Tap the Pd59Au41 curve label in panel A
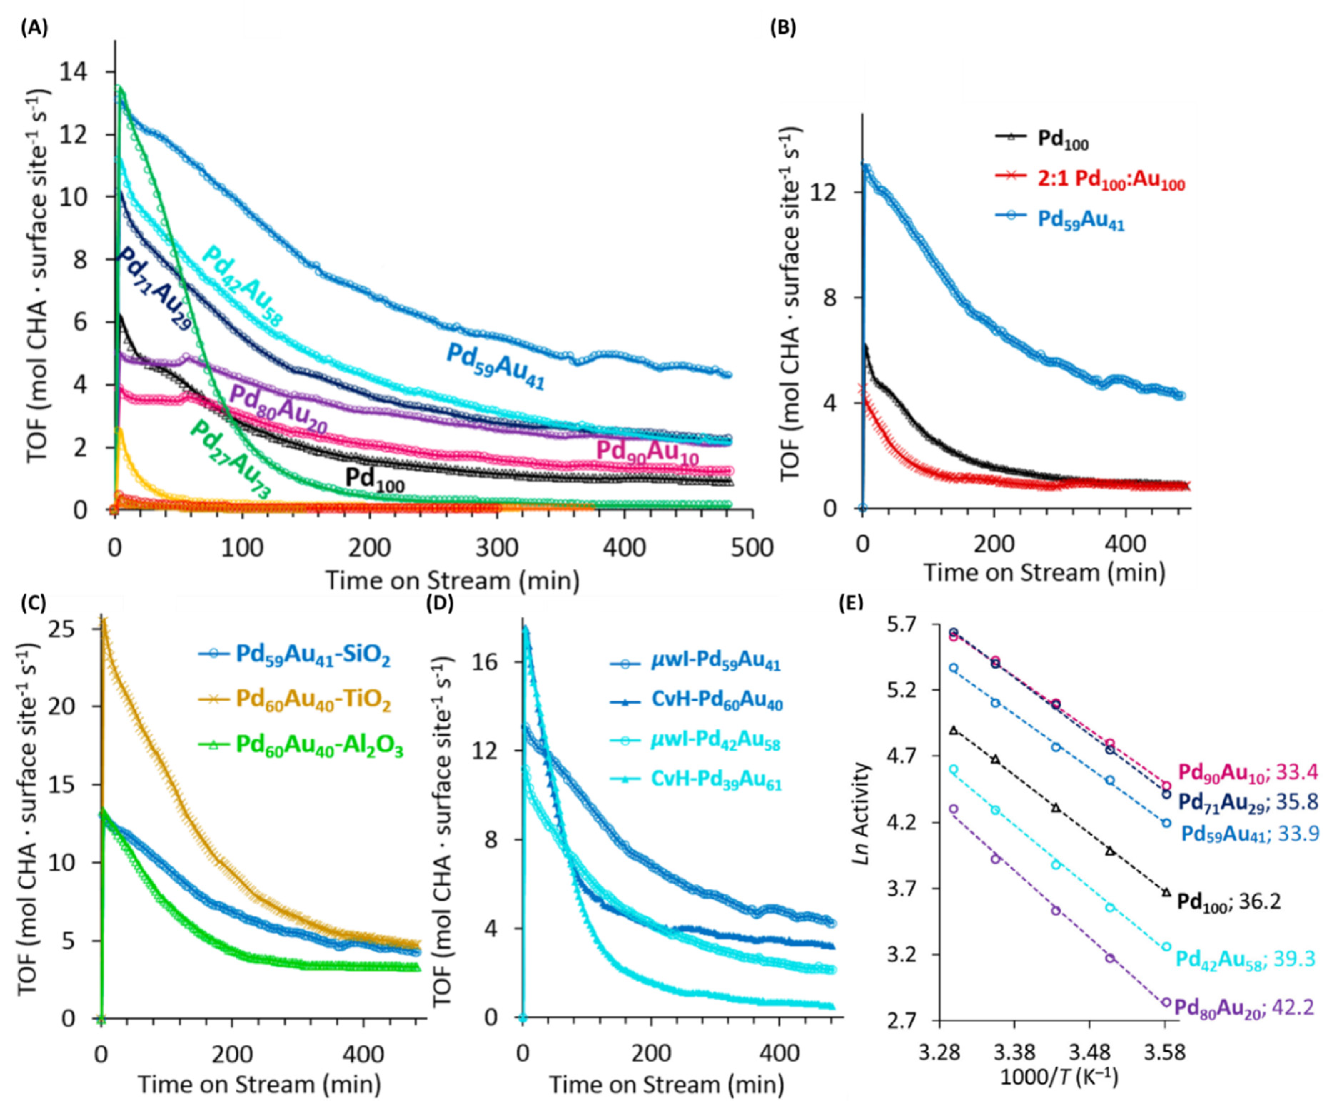point(495,366)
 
